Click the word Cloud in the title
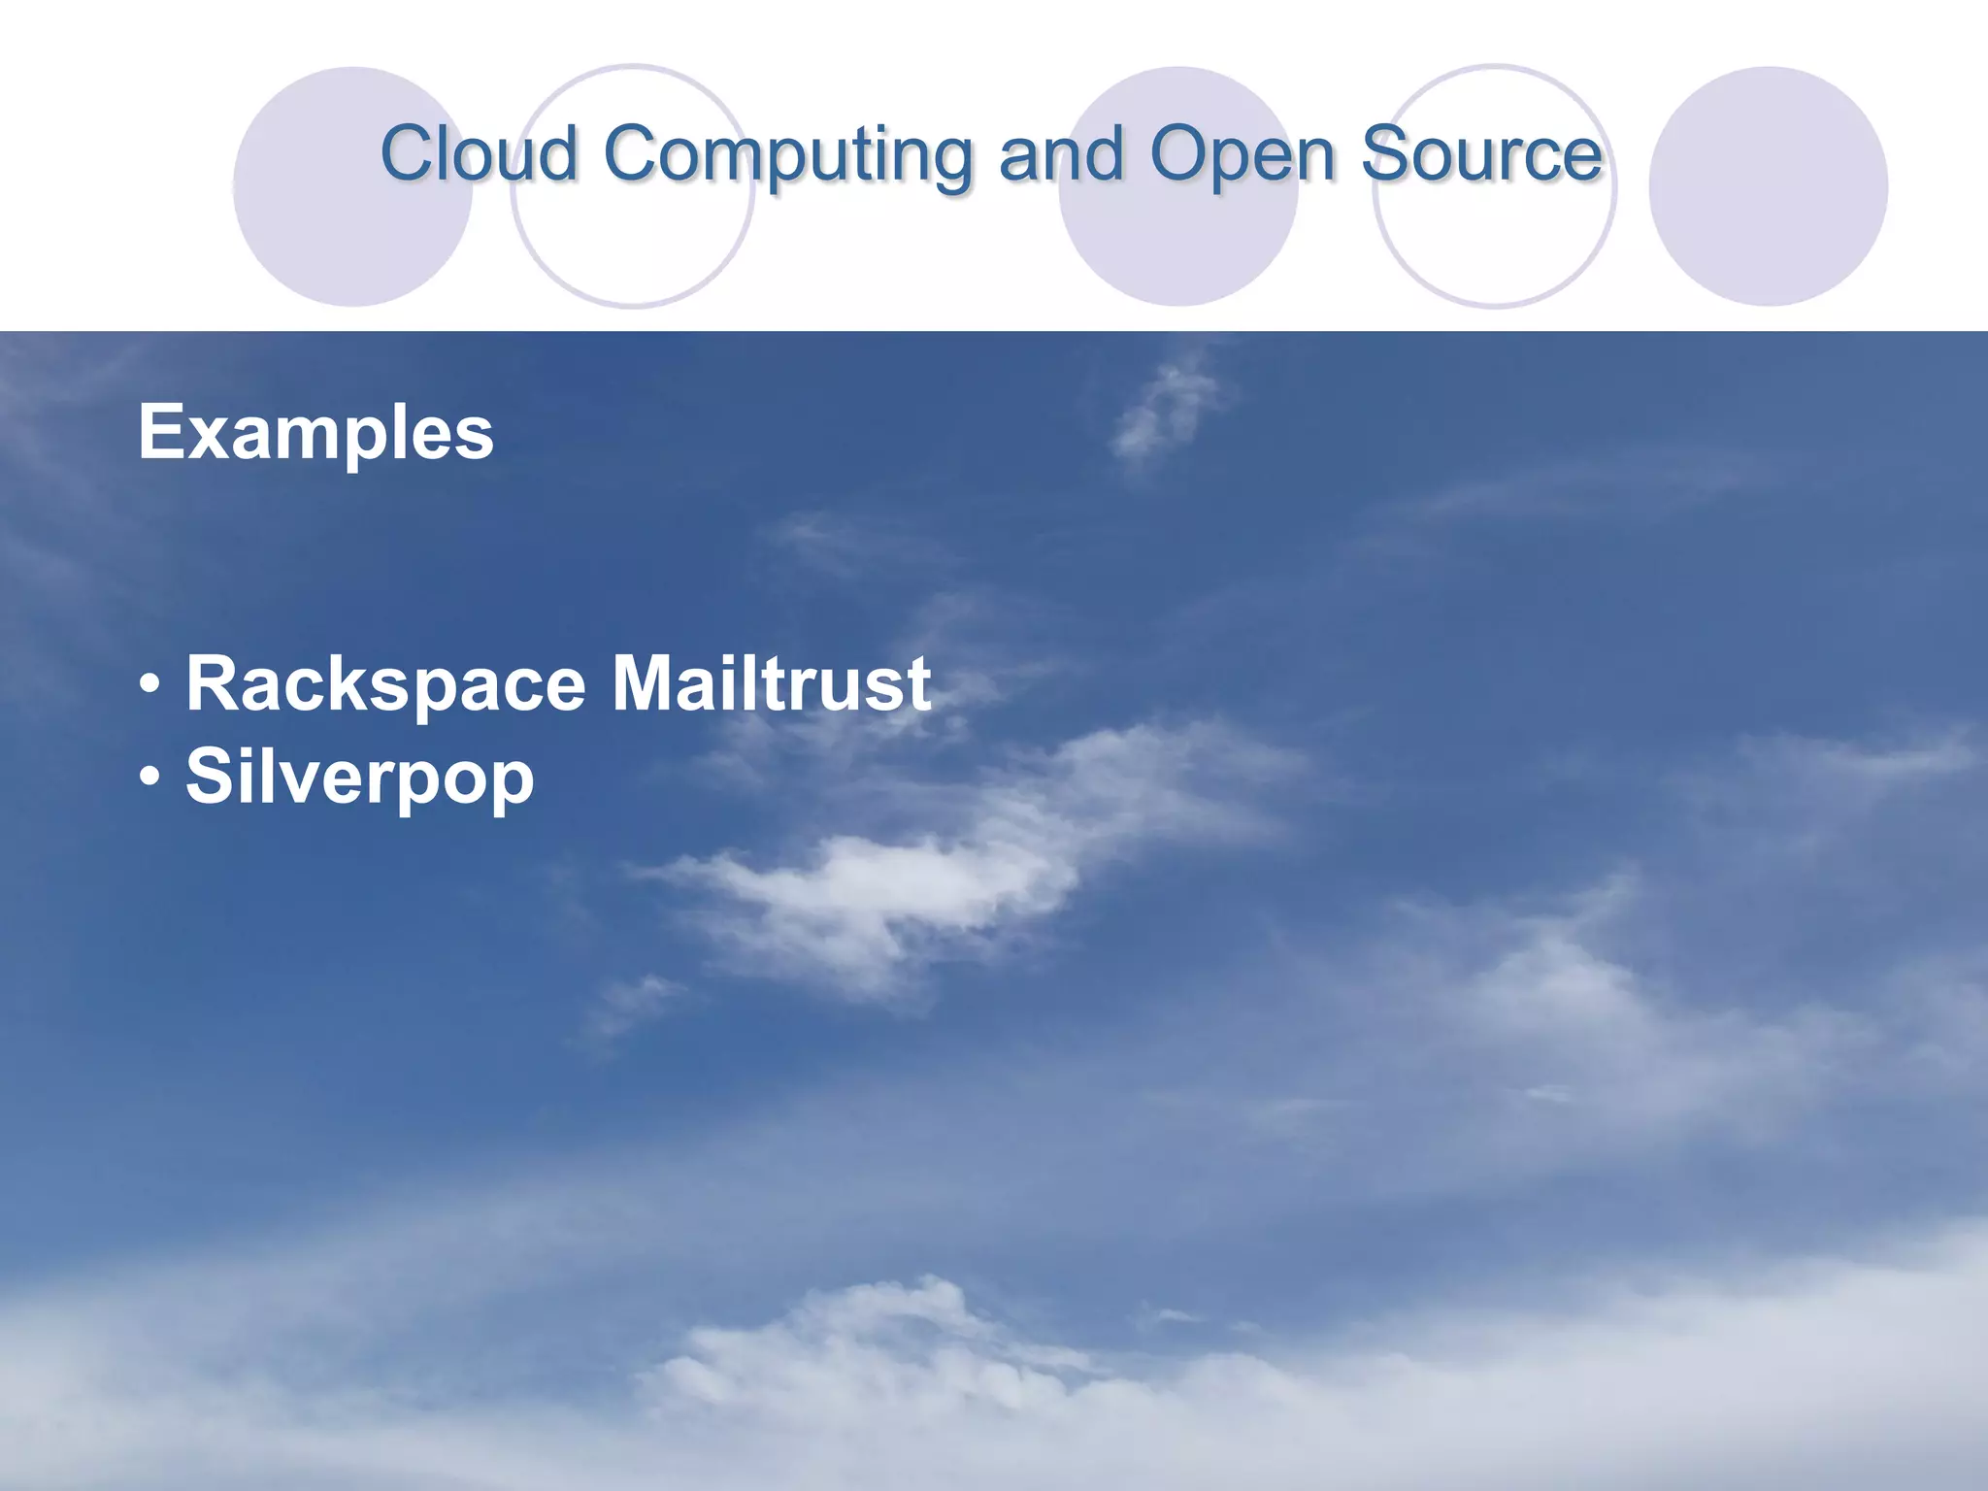(480, 153)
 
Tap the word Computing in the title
(788, 155)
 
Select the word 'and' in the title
(1061, 153)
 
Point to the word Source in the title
(1481, 153)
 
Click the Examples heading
(315, 433)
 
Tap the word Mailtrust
(771, 683)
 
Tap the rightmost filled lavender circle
(1768, 186)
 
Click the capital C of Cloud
(408, 153)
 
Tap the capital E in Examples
(161, 432)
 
